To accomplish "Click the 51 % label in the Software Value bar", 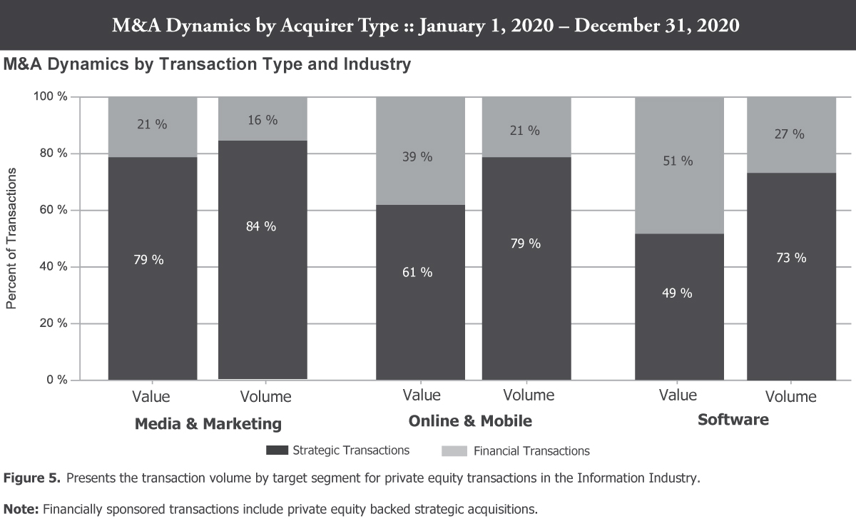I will pyautogui.click(x=678, y=161).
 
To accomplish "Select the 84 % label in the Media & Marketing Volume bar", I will pyautogui.click(x=261, y=226).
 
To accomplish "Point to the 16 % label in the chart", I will pyautogui.click(x=261, y=120).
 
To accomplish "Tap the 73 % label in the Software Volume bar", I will pyautogui.click(x=791, y=258).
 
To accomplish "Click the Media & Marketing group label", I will pyautogui.click(x=208, y=424).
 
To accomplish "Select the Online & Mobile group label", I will pyautogui.click(x=470, y=421).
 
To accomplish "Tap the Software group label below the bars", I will pyautogui.click(x=733, y=420).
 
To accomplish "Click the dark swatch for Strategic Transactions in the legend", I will pyautogui.click(x=277, y=450).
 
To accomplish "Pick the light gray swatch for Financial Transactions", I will pyautogui.click(x=454, y=450).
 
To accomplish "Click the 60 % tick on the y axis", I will pyautogui.click(x=53, y=210).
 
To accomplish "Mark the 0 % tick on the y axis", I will pyautogui.click(x=56, y=380).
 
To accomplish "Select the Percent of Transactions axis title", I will pyautogui.click(x=11, y=238).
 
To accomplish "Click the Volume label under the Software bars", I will pyautogui.click(x=790, y=396).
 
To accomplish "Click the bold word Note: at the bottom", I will pyautogui.click(x=21, y=508).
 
